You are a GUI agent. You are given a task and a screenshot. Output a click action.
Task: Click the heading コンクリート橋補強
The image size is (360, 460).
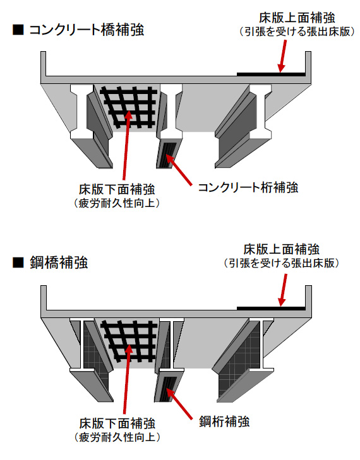pyautogui.click(x=87, y=30)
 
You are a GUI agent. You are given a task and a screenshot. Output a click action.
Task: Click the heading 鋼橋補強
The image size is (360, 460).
pyautogui.click(x=59, y=262)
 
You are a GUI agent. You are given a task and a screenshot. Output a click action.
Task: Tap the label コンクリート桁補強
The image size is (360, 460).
pyautogui.click(x=248, y=187)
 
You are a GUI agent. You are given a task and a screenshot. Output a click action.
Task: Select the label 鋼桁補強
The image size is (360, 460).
pyautogui.click(x=224, y=422)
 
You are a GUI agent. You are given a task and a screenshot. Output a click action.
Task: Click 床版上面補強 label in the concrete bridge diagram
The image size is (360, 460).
pyautogui.click(x=297, y=18)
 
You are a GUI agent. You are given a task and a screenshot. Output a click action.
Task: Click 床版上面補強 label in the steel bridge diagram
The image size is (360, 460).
pyautogui.click(x=281, y=249)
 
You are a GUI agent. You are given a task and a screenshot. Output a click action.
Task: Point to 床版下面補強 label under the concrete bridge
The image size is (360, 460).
pyautogui.click(x=117, y=189)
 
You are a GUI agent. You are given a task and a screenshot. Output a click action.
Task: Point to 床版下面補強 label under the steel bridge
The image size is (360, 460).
pyautogui.click(x=117, y=423)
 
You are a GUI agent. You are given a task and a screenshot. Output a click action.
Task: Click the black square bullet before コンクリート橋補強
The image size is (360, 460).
pyautogui.click(x=18, y=30)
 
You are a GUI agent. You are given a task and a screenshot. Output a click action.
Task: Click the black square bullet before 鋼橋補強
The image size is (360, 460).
pyautogui.click(x=18, y=262)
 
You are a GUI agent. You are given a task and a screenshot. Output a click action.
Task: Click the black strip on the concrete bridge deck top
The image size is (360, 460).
pyautogui.click(x=271, y=74)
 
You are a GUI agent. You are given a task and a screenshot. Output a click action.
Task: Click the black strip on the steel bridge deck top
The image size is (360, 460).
pyautogui.click(x=271, y=309)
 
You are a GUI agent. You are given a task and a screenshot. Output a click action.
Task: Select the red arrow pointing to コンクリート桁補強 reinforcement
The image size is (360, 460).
pyautogui.click(x=179, y=170)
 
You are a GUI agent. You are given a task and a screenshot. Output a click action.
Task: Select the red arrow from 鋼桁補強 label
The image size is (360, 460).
pyautogui.click(x=179, y=404)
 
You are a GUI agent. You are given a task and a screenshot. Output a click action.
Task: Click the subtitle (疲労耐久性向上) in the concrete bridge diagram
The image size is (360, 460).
pyautogui.click(x=117, y=203)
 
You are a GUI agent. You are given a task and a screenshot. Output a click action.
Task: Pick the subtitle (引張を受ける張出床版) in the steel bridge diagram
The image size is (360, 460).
pyautogui.click(x=281, y=263)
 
